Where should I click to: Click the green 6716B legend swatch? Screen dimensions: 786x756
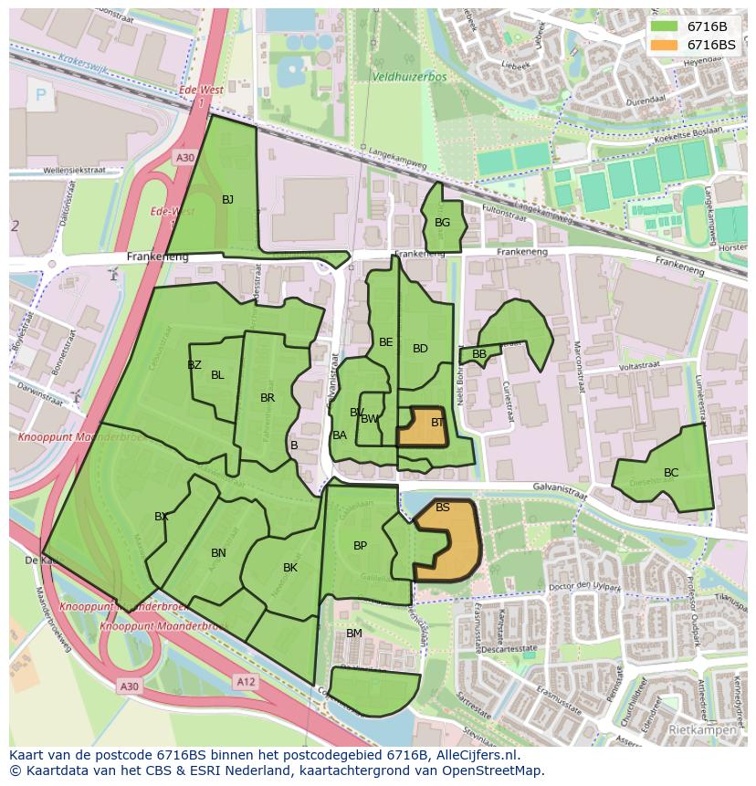(x=665, y=26)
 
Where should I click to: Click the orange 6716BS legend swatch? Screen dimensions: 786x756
(x=665, y=45)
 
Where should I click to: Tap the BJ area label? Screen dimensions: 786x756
(x=227, y=200)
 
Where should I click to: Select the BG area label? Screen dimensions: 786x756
(x=442, y=223)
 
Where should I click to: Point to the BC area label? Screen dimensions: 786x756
(x=671, y=473)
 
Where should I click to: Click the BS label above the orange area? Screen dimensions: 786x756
(x=443, y=508)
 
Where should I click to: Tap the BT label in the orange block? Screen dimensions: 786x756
(x=437, y=423)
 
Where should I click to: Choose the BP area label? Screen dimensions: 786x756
(x=360, y=546)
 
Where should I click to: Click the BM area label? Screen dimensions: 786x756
(x=354, y=634)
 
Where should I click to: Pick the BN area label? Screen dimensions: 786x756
(x=218, y=553)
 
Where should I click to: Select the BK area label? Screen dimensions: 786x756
(x=290, y=568)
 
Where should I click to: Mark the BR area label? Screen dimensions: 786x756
(x=268, y=398)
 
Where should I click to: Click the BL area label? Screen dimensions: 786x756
(x=217, y=375)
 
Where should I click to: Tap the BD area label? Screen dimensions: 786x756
(x=420, y=349)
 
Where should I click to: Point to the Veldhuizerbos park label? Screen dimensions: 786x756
(x=409, y=78)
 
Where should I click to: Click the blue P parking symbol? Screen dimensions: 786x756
(x=40, y=94)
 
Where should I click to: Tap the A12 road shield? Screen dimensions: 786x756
(x=245, y=681)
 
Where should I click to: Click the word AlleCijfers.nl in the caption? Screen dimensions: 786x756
(x=474, y=755)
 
